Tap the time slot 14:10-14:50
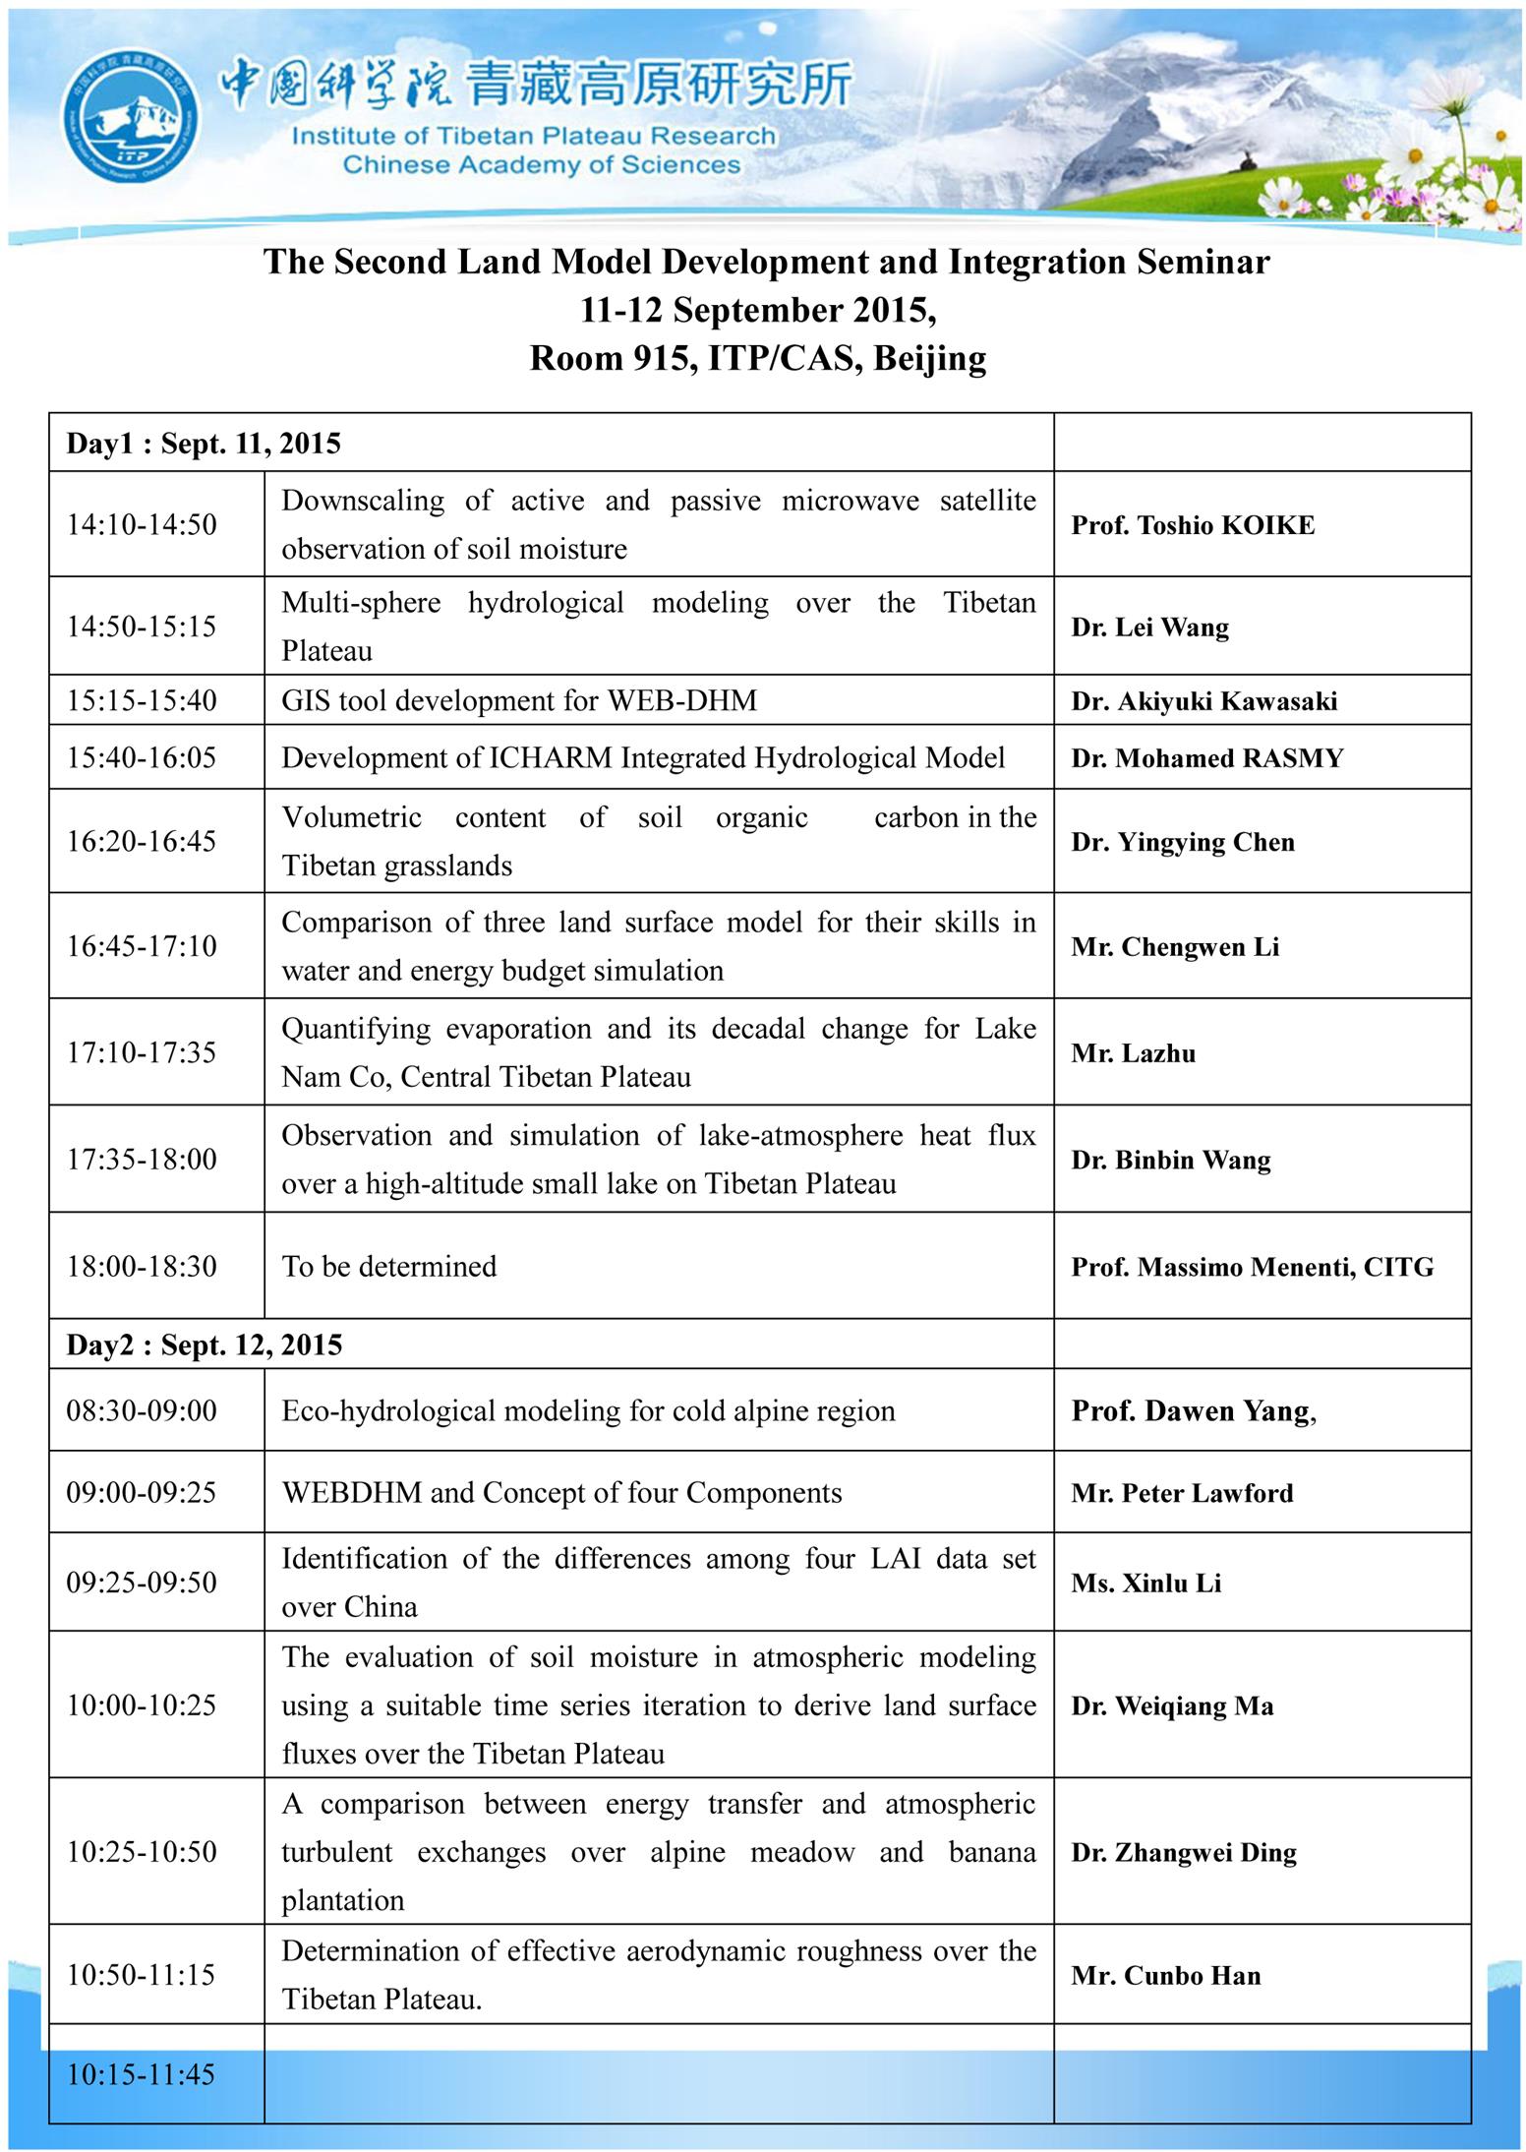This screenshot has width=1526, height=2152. coord(142,524)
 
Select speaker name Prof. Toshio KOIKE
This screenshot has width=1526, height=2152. coord(1193,525)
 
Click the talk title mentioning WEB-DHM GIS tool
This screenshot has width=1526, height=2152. coord(519,700)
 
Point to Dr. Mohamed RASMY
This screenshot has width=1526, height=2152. coord(1207,758)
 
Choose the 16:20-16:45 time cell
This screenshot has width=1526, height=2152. coord(142,841)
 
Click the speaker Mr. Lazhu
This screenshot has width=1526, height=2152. coord(1134,1053)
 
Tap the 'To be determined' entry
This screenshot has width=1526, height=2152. coord(389,1266)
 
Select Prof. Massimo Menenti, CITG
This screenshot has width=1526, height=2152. coord(1253,1267)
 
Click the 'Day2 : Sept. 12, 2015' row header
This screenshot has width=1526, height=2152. coord(205,1345)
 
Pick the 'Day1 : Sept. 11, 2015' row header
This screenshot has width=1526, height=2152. coord(204,444)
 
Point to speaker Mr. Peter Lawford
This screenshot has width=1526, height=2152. coord(1182,1493)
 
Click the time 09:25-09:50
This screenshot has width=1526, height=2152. coord(142,1583)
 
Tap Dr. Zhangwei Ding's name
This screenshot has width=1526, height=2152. coord(1184,1852)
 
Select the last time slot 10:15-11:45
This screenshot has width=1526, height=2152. coord(141,2074)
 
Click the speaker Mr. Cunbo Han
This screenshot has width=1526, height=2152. coord(1166,1976)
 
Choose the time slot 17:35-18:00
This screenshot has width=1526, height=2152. coord(142,1160)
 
